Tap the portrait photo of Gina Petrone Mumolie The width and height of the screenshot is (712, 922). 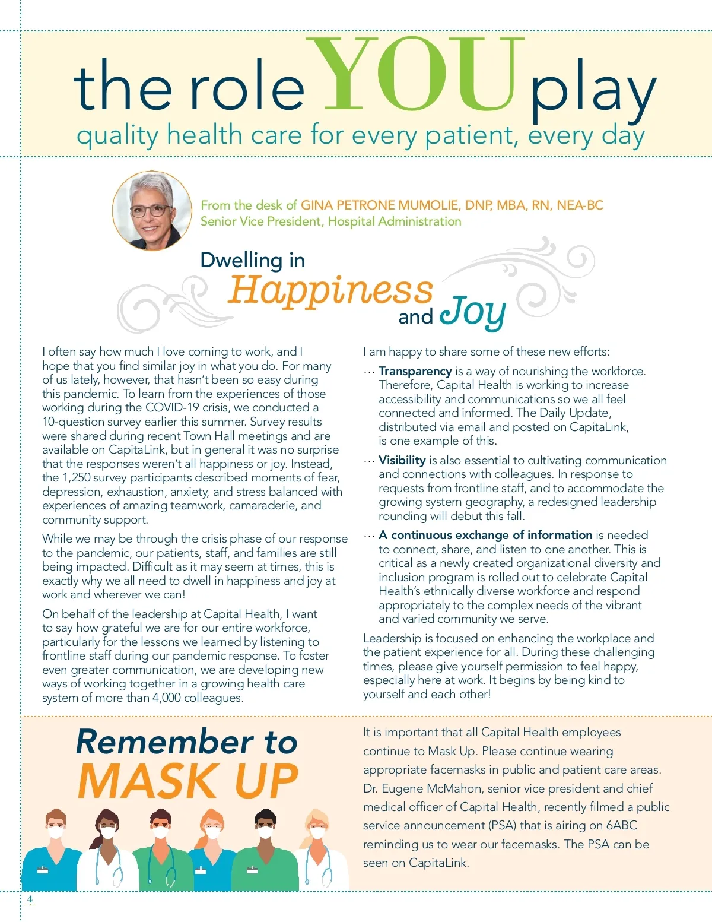(152, 211)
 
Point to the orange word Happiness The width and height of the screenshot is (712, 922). (330, 290)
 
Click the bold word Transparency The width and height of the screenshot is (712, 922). (415, 371)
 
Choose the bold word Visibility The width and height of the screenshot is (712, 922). (402, 460)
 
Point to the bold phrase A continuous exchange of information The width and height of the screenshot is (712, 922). (485, 535)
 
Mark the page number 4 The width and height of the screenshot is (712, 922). (30, 899)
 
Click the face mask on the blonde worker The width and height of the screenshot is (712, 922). (317, 834)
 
